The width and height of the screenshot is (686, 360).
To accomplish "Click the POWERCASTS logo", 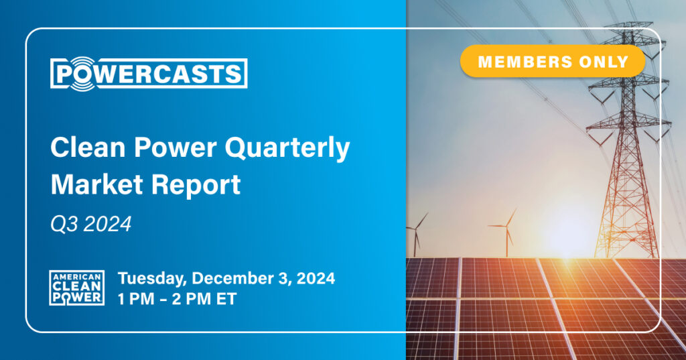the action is [149, 74].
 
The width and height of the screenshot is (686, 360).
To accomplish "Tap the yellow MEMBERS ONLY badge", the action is [553, 61].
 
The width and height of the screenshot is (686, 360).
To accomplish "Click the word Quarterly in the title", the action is [287, 148].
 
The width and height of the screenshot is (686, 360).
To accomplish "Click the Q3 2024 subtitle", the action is [91, 224].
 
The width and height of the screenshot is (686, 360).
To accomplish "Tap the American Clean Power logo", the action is [76, 288].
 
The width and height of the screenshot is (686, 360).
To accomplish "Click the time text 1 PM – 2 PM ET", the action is [177, 299].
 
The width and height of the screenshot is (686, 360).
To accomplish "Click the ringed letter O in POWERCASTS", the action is [82, 74].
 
